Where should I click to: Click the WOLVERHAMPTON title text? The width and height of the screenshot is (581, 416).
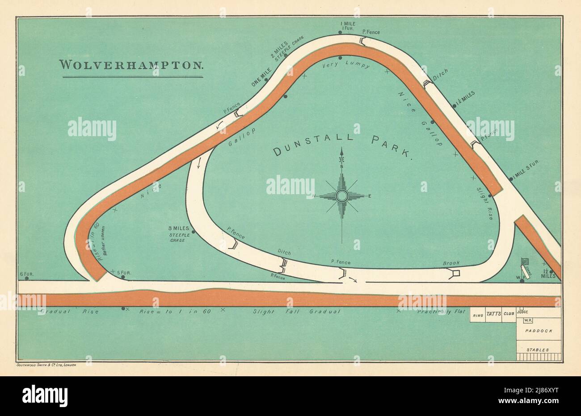click(x=132, y=64)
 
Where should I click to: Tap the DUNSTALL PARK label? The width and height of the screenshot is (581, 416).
click(x=342, y=144)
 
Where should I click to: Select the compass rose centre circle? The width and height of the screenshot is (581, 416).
click(x=342, y=196)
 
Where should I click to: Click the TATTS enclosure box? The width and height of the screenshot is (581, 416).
click(x=493, y=314)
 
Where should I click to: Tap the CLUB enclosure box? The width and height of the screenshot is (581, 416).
click(x=509, y=314)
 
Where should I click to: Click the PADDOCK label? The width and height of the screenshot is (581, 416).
click(x=539, y=331)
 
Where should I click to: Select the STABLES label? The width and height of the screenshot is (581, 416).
click(x=539, y=350)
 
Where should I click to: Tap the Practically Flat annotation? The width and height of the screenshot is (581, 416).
click(x=441, y=312)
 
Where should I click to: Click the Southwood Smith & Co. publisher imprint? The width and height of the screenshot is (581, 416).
click(x=46, y=365)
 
